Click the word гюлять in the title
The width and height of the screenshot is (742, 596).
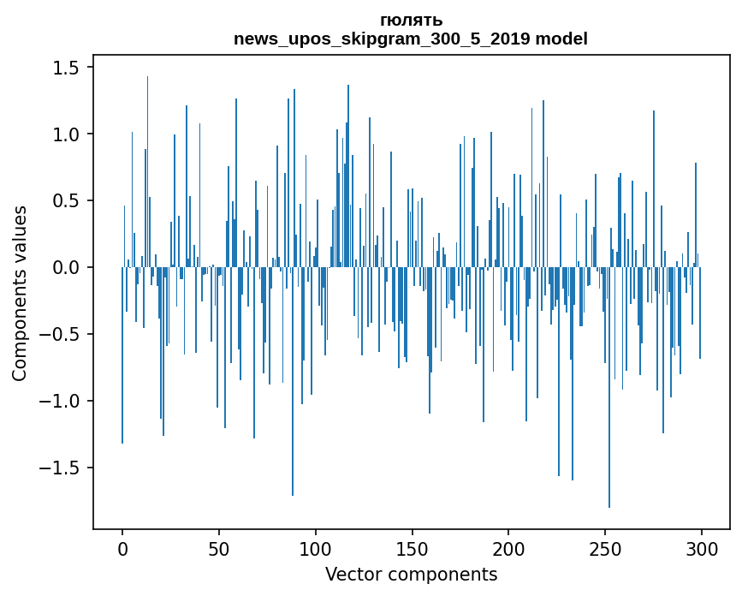[x=411, y=21]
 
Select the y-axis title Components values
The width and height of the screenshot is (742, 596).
[x=20, y=293]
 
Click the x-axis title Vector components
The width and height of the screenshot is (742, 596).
[x=411, y=574]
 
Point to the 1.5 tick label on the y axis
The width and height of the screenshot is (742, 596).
[x=68, y=68]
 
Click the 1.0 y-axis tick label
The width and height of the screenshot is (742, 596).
[x=68, y=134]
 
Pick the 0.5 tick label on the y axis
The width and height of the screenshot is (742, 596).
[x=68, y=201]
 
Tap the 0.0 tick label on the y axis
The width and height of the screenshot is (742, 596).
[x=68, y=268]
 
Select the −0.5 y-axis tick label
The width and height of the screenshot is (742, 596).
[x=62, y=335]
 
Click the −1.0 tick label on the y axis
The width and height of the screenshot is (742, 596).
[x=62, y=402]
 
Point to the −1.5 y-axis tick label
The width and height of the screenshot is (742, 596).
[x=62, y=468]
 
